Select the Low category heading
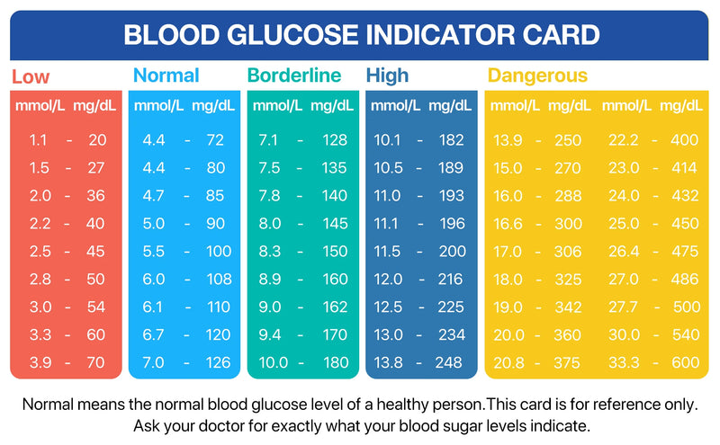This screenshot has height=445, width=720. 31,76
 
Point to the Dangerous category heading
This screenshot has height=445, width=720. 536,76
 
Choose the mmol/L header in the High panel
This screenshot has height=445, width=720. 395,106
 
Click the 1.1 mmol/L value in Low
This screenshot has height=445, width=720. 38,140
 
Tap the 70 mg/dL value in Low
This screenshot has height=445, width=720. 96,363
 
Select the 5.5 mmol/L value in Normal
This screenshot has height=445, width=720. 153,252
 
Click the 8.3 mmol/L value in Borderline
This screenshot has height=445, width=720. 269,252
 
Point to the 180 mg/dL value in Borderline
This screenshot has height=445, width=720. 334,363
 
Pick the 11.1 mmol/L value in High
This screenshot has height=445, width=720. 387,224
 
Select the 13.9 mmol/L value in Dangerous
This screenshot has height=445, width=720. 507,140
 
